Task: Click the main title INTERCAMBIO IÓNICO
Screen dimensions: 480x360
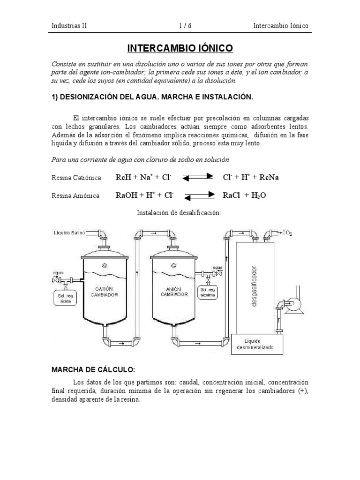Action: (x=180, y=49)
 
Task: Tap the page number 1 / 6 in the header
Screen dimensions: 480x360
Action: (x=185, y=26)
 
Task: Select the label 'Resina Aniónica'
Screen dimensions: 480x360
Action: (x=75, y=196)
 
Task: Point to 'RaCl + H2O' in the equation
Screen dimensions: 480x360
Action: (x=244, y=195)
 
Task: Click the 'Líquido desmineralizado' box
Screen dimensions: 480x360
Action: (x=256, y=344)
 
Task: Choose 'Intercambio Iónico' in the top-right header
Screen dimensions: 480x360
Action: (x=280, y=26)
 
